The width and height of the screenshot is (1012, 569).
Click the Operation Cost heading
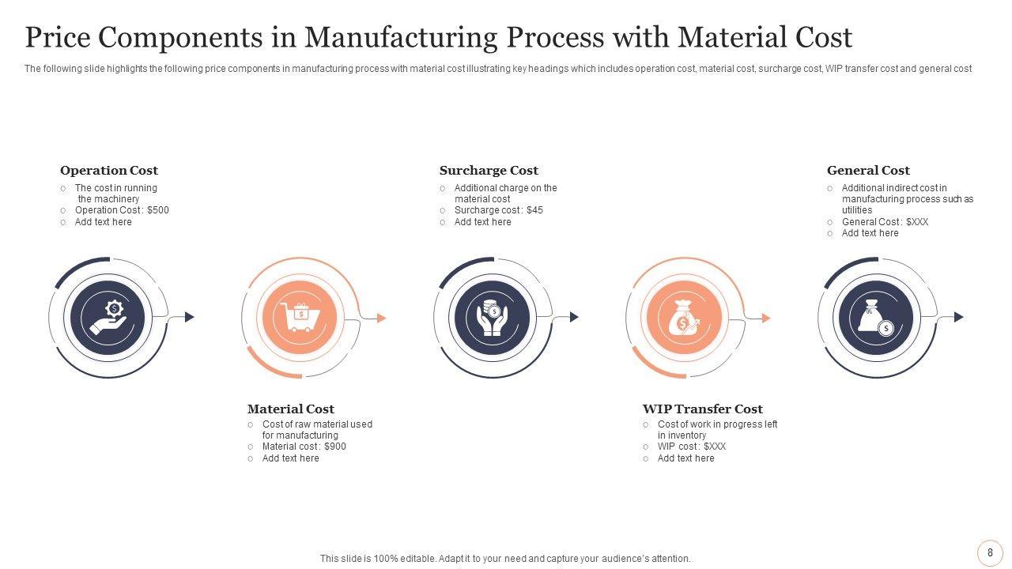point(109,171)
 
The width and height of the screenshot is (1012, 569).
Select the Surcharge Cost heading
point(489,171)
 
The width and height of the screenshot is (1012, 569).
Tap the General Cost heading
point(868,171)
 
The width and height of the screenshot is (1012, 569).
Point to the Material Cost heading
point(291,409)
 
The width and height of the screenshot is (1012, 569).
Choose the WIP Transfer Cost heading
point(703,409)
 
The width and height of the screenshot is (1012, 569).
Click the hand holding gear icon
point(108,318)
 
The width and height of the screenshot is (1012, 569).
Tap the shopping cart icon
point(300,318)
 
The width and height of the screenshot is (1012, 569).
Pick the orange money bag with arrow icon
point(684,318)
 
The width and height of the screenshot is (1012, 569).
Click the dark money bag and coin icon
point(876,318)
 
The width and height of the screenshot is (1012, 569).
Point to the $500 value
point(158,211)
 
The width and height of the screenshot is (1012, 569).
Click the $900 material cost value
point(335,447)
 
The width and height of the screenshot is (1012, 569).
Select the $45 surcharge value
point(534,211)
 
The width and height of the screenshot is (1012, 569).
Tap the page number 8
point(990,553)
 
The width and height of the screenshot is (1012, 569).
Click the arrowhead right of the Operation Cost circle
point(190,317)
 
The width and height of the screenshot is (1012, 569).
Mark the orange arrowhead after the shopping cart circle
point(382,318)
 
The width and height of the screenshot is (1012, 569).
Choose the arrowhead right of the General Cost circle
point(959,317)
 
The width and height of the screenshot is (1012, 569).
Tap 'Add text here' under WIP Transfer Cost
point(685,458)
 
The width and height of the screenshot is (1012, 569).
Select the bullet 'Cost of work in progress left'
point(717,424)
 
